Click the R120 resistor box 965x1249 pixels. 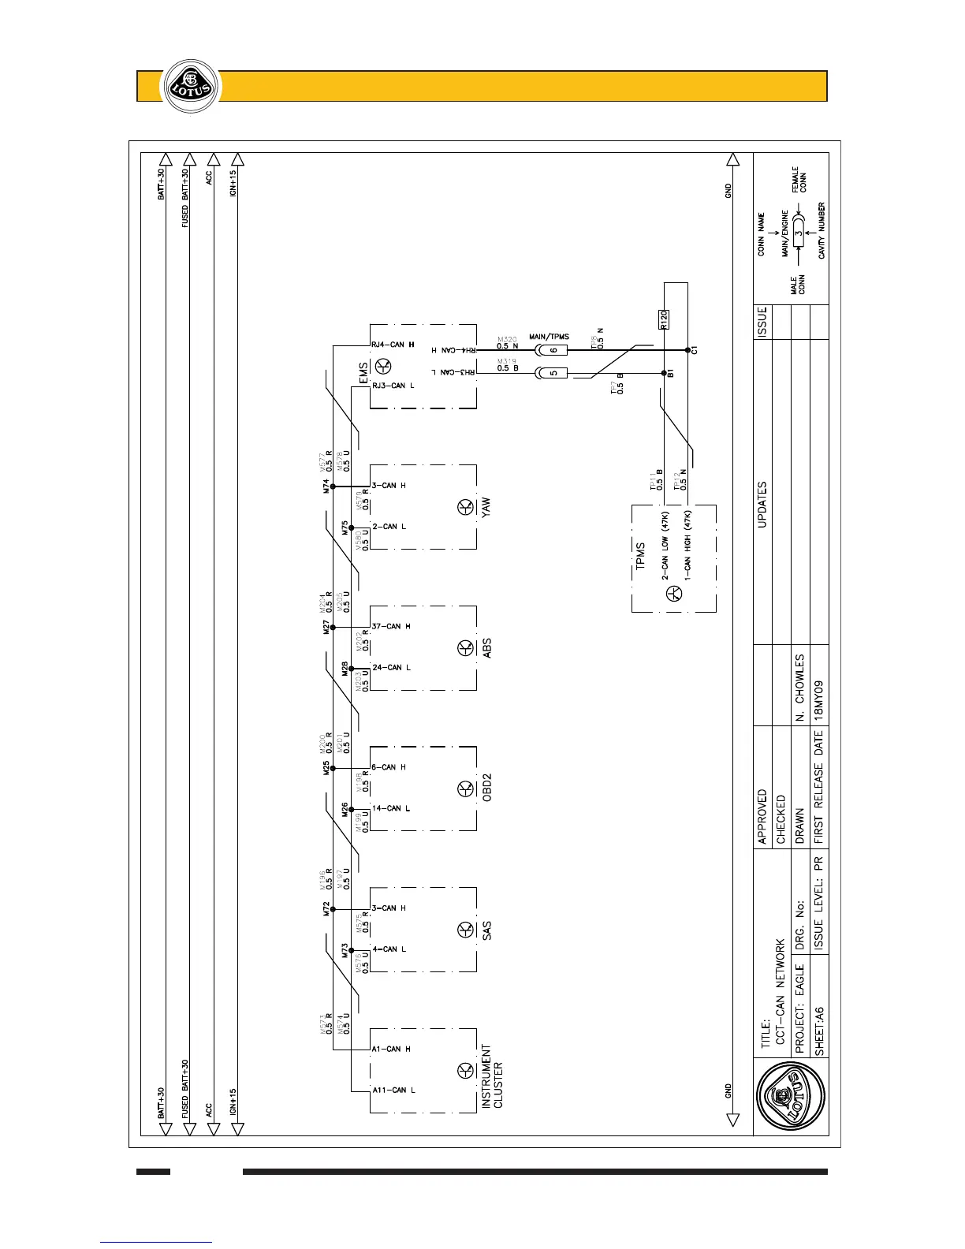(663, 319)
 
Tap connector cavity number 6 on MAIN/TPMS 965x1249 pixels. (553, 350)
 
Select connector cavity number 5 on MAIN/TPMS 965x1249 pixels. (553, 373)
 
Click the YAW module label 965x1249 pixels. (486, 507)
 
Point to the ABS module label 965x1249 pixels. (487, 648)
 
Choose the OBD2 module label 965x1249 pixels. (487, 789)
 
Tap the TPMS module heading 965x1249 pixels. (641, 556)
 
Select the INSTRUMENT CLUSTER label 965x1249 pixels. (492, 1076)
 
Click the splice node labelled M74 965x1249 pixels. (333, 487)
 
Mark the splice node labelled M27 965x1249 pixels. (333, 628)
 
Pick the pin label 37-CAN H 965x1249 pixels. (391, 627)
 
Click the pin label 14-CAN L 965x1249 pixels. (391, 808)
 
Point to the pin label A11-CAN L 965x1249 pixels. (393, 1090)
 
